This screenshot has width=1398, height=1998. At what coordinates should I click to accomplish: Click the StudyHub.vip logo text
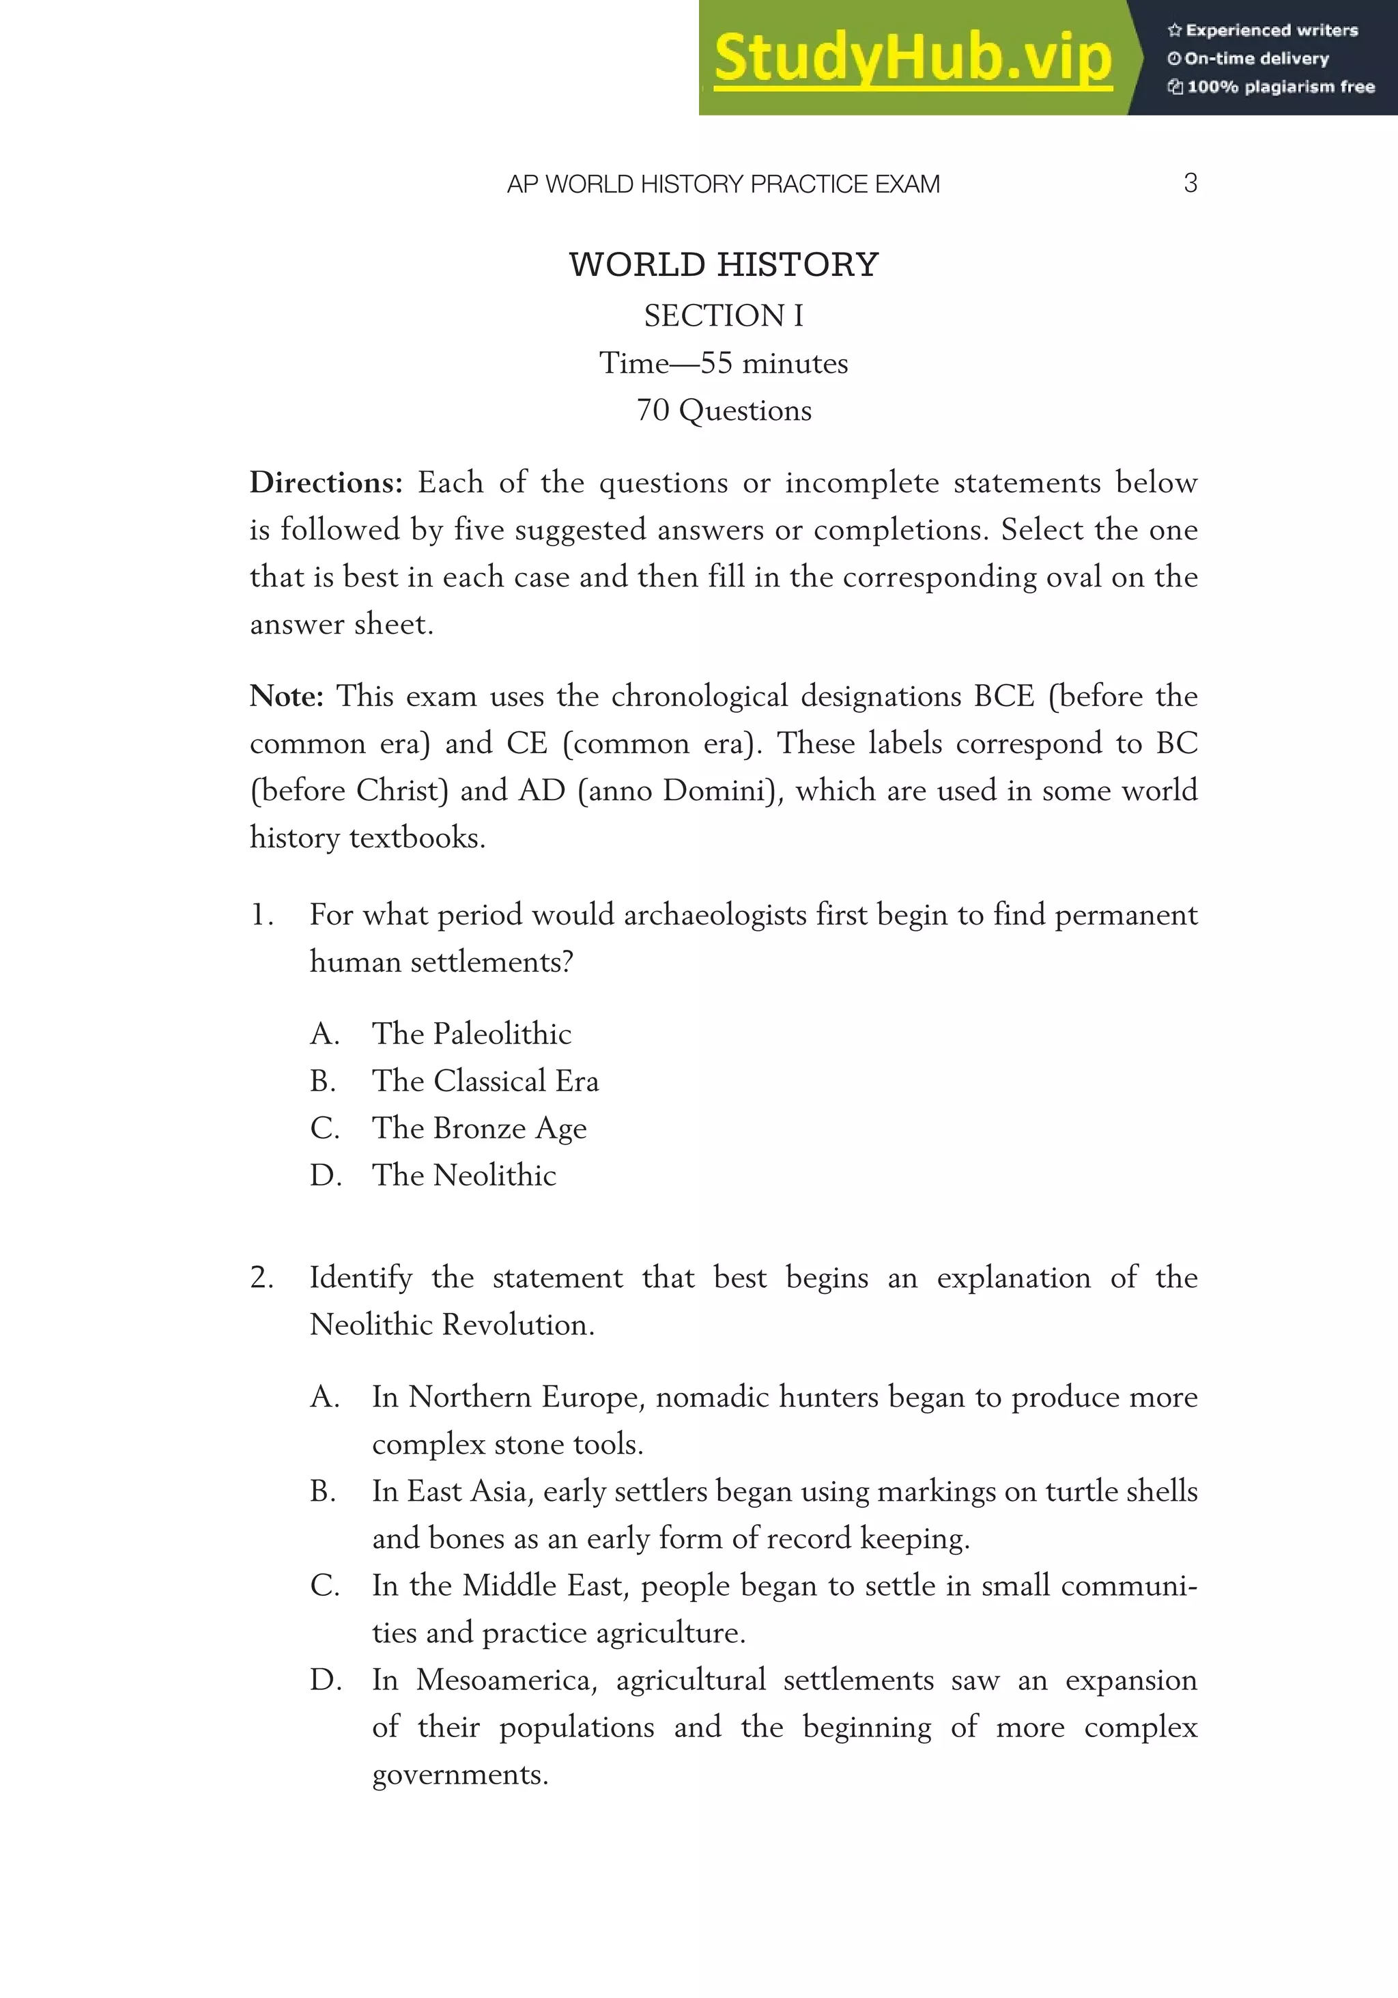click(913, 58)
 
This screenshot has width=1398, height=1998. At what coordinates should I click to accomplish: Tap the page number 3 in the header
click(1190, 183)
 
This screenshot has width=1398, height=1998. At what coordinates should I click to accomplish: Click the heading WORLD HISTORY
click(724, 264)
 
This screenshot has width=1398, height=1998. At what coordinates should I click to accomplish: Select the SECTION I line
click(724, 315)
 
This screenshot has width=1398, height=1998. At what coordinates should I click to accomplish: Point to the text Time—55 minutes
click(724, 363)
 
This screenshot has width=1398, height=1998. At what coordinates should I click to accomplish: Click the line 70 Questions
click(724, 410)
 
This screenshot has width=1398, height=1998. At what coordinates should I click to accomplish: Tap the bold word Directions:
click(326, 482)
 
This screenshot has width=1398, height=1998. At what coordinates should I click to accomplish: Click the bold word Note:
click(286, 697)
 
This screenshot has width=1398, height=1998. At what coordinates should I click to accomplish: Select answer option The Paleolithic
click(472, 1034)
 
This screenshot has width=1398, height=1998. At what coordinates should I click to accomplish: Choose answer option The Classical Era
click(485, 1081)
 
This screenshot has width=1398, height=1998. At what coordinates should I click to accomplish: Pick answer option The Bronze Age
click(479, 1128)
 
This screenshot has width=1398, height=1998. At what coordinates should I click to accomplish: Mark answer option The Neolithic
click(463, 1174)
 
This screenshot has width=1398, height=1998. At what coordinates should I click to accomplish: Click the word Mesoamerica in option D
click(504, 1680)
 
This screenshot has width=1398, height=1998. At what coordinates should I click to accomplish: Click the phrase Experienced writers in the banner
click(1271, 31)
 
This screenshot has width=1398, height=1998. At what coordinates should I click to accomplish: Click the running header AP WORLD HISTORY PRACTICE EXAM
click(723, 184)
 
